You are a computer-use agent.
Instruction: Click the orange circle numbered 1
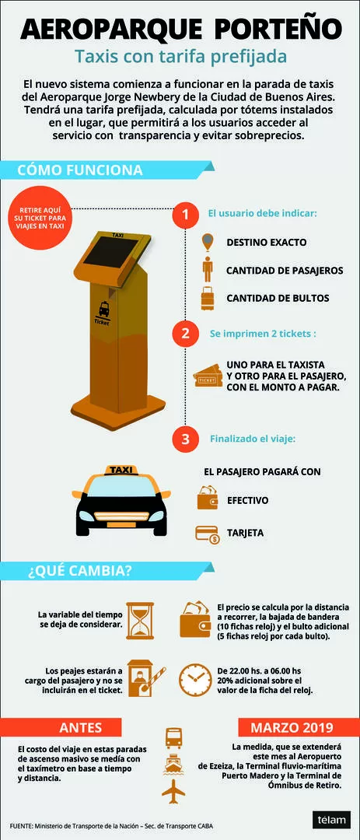pyautogui.click(x=185, y=215)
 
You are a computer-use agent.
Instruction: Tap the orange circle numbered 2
pyautogui.click(x=185, y=333)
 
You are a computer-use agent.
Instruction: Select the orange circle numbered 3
pyautogui.click(x=185, y=439)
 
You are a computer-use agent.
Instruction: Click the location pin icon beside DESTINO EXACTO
pyautogui.click(x=207, y=242)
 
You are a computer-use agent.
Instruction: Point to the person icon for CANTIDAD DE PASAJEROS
pyautogui.click(x=208, y=269)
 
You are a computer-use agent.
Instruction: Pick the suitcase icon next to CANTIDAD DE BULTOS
pyautogui.click(x=208, y=299)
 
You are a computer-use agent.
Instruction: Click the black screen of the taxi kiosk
pyautogui.click(x=110, y=252)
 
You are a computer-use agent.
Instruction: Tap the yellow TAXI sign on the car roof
pyautogui.click(x=121, y=470)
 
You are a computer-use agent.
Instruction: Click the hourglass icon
pyautogui.click(x=140, y=621)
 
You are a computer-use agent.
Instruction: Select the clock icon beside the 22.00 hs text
pyautogui.click(x=195, y=680)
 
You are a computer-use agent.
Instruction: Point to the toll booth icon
pyautogui.click(x=145, y=679)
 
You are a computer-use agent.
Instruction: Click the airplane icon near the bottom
pyautogui.click(x=173, y=790)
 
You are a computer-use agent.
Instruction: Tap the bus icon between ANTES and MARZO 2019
pyautogui.click(x=173, y=737)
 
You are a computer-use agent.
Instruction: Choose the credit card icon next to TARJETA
pyautogui.click(x=208, y=534)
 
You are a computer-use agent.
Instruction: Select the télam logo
pyautogui.click(x=331, y=820)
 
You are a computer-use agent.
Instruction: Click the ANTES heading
pyautogui.click(x=80, y=727)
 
